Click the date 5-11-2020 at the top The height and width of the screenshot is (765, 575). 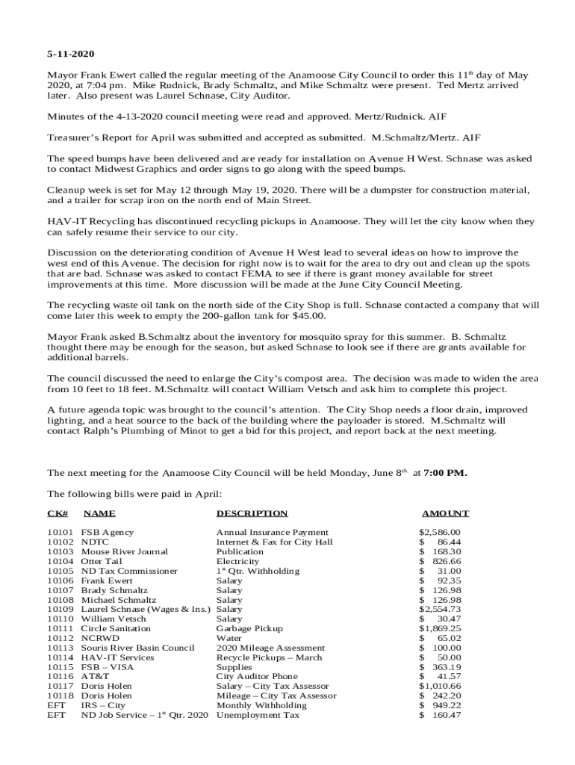tap(71, 55)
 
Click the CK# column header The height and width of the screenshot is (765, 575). tap(57, 513)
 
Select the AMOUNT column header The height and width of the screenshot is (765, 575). tap(445, 513)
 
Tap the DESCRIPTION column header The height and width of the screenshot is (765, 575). tap(252, 513)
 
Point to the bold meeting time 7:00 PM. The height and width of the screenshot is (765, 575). tap(445, 473)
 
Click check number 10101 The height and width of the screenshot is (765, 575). tap(60, 532)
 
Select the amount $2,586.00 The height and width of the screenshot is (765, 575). tap(440, 532)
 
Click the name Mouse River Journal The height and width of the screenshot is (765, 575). tap(124, 551)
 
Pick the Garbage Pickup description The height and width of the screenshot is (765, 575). tap(249, 628)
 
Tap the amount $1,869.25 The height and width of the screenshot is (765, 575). tap(440, 628)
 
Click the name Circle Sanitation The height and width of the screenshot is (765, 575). tap(116, 628)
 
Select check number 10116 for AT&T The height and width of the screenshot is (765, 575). tap(60, 676)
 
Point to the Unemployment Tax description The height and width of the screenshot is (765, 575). tap(258, 715)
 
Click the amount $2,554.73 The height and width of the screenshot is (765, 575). tap(440, 609)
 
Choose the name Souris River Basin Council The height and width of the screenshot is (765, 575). tap(137, 648)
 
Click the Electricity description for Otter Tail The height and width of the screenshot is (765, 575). tap(237, 561)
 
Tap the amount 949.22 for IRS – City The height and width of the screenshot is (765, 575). tap(446, 705)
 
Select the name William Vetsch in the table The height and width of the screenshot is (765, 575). tap(114, 619)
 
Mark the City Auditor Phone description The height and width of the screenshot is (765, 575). tap(256, 676)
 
